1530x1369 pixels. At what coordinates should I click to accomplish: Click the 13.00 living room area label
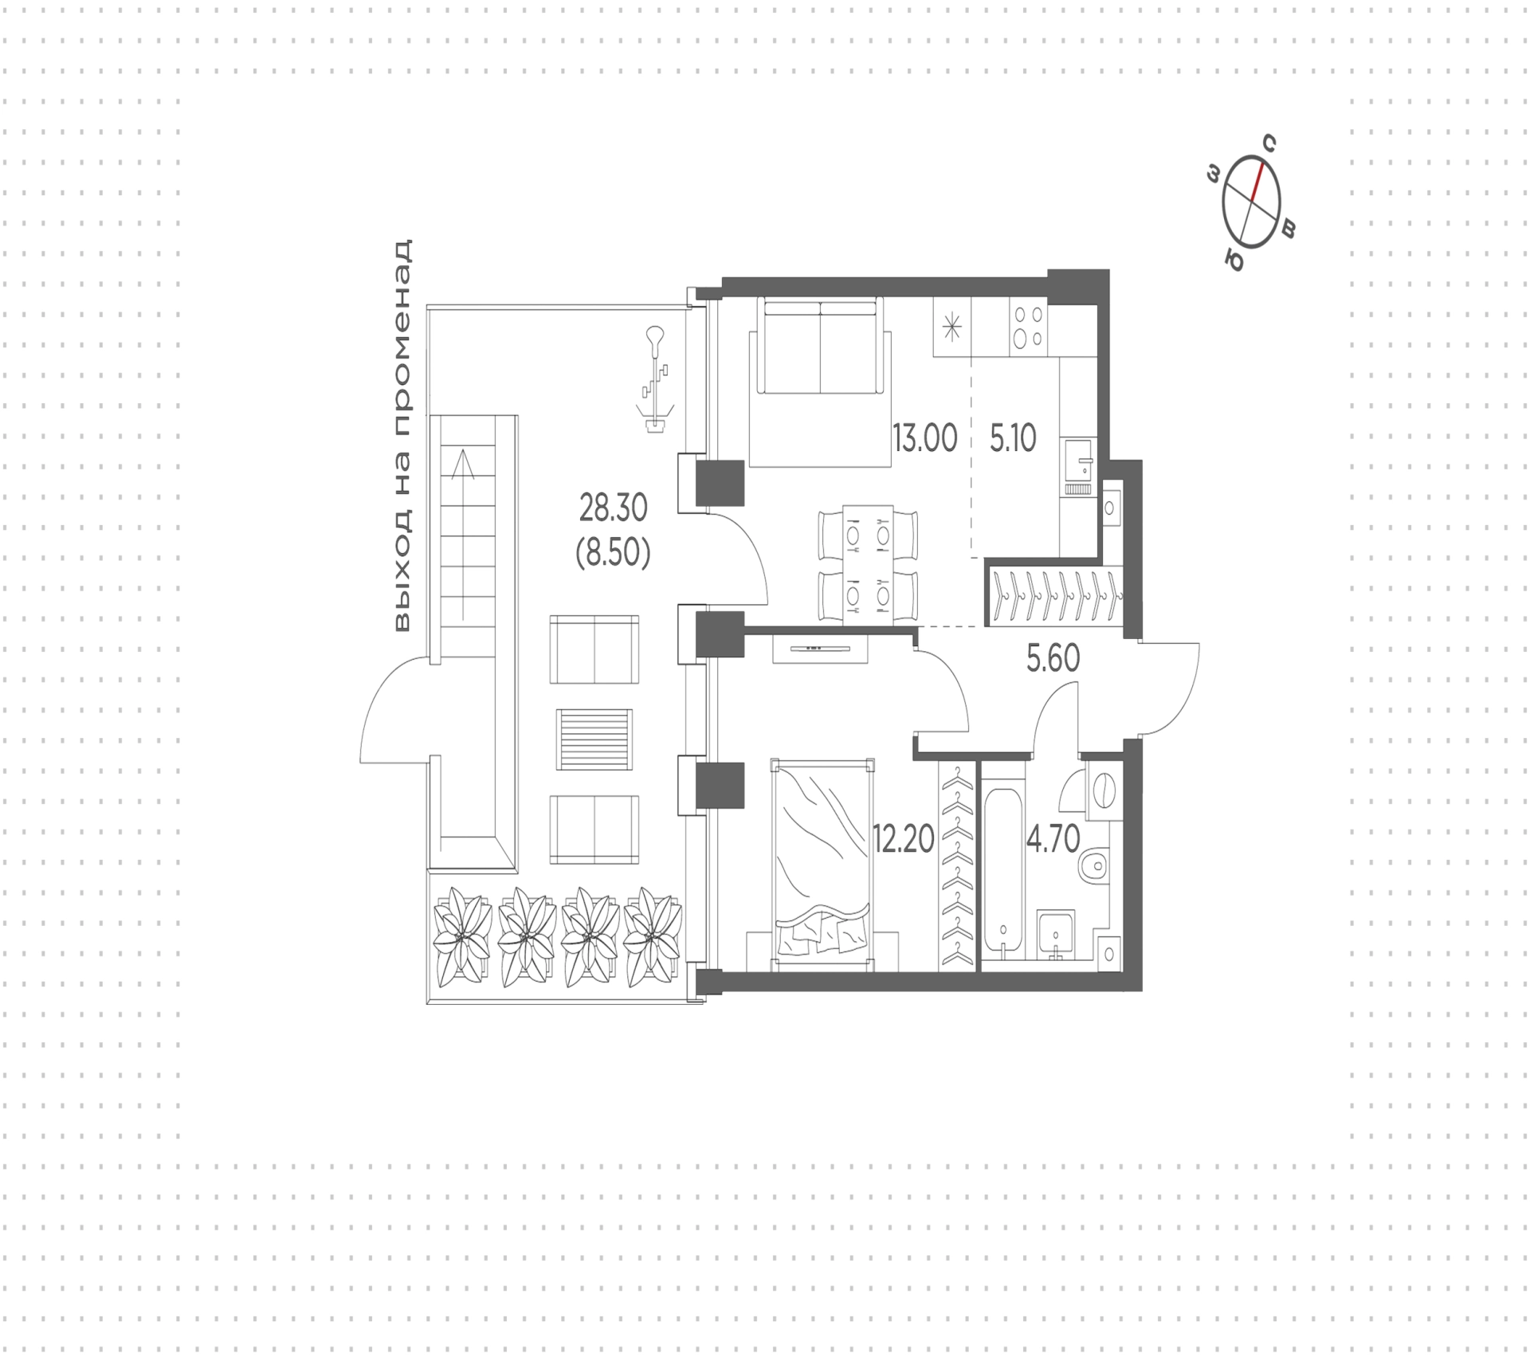924,438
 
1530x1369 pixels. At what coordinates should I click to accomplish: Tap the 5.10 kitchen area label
1013,438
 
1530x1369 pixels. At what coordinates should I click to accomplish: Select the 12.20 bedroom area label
904,839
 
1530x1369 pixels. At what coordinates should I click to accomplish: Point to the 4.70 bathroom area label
1053,839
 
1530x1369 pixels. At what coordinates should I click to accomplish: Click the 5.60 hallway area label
1053,659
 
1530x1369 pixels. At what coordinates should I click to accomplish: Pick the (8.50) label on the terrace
613,552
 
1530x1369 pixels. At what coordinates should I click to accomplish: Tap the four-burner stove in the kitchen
1028,327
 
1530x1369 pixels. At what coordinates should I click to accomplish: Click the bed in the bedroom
822,865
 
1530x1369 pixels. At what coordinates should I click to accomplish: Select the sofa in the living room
820,346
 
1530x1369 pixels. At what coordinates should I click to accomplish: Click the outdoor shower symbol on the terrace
655,379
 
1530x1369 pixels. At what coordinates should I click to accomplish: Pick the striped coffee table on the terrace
594,739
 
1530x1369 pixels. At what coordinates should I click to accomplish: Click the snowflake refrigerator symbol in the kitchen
952,328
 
